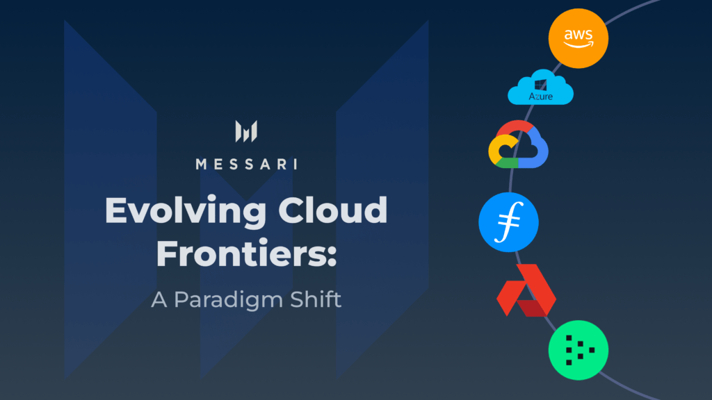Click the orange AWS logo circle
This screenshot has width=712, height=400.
click(x=578, y=38)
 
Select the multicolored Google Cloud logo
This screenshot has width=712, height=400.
click(x=518, y=144)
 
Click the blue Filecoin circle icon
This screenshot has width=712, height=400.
click(x=508, y=222)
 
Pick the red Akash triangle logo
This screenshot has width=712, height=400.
click(x=526, y=290)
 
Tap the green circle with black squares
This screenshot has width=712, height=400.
click(x=578, y=350)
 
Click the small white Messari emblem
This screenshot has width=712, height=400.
click(x=246, y=131)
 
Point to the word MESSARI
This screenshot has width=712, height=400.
click(x=247, y=164)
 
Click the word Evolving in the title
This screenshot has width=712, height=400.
click(x=186, y=211)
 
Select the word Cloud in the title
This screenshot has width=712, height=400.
click(x=333, y=210)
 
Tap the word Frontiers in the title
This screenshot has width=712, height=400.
click(x=241, y=253)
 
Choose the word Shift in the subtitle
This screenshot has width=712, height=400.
click(x=316, y=299)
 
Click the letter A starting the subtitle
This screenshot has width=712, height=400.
click(x=159, y=300)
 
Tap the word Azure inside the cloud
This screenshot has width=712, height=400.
click(x=540, y=96)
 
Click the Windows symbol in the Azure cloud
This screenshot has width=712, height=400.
click(x=540, y=85)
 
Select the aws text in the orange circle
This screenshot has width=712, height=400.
click(x=578, y=35)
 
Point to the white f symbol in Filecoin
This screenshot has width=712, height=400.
click(x=509, y=222)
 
